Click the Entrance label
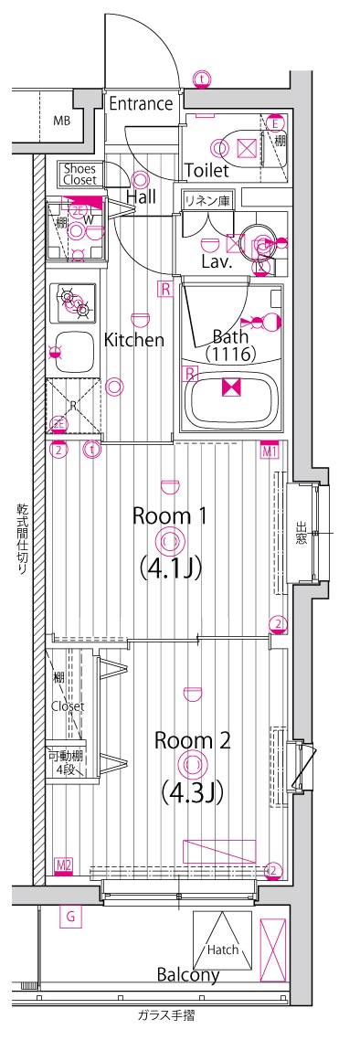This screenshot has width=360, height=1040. pyautogui.click(x=141, y=104)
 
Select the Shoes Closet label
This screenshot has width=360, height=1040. pyautogui.click(x=79, y=174)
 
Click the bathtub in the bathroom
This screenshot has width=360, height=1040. pyautogui.click(x=232, y=398)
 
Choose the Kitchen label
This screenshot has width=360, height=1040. pyautogui.click(x=133, y=340)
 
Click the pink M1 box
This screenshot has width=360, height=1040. pyautogui.click(x=270, y=451)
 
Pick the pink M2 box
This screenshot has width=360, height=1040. pyautogui.click(x=64, y=865)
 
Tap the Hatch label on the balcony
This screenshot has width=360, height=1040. pyautogui.click(x=222, y=950)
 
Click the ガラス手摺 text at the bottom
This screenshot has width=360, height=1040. pyautogui.click(x=165, y=1015)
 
